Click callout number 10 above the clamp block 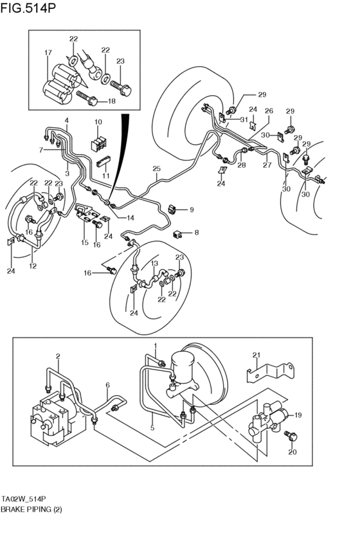pyautogui.click(x=98, y=122)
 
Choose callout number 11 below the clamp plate pyautogui.click(x=107, y=175)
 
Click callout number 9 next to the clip pyautogui.click(x=191, y=210)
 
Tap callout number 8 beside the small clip pyautogui.click(x=197, y=233)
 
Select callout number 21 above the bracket pyautogui.click(x=256, y=355)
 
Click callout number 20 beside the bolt pyautogui.click(x=293, y=453)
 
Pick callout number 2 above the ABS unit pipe pyautogui.click(x=58, y=355)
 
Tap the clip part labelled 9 pyautogui.click(x=174, y=208)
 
